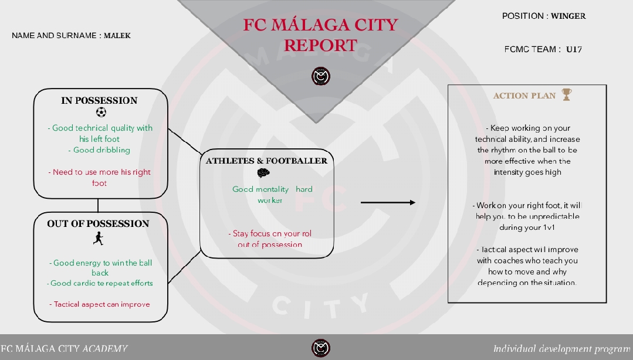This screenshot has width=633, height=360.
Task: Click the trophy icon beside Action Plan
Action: pyautogui.click(x=567, y=94)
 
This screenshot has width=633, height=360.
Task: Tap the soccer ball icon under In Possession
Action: pyautogui.click(x=101, y=112)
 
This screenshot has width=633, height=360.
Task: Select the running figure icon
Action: pyautogui.click(x=98, y=239)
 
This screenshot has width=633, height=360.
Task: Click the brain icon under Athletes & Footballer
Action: pyautogui.click(x=263, y=173)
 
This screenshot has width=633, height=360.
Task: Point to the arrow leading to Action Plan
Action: pyautogui.click(x=388, y=202)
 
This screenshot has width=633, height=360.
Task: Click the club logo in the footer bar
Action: pyautogui.click(x=321, y=348)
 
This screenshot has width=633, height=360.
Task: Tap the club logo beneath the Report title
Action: pyautogui.click(x=321, y=76)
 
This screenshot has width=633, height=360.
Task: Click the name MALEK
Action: pyautogui.click(x=117, y=36)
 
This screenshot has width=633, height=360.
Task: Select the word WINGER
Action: pyautogui.click(x=568, y=16)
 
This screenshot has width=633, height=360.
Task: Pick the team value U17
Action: pyautogui.click(x=574, y=49)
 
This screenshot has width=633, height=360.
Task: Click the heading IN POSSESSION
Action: pyautogui.click(x=99, y=100)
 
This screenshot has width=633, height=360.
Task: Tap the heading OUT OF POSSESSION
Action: pyautogui.click(x=98, y=223)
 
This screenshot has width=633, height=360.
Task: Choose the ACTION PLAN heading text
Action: pyautogui.click(x=524, y=96)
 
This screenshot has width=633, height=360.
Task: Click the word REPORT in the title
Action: pyautogui.click(x=320, y=45)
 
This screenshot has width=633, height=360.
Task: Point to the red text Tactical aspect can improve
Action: pyautogui.click(x=100, y=304)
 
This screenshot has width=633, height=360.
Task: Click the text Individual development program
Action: pyautogui.click(x=561, y=349)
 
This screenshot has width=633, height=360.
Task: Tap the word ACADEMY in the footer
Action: pyautogui.click(x=105, y=348)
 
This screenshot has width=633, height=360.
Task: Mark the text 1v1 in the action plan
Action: pyautogui.click(x=549, y=227)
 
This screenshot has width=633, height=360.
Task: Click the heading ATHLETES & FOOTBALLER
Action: pyautogui.click(x=266, y=161)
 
